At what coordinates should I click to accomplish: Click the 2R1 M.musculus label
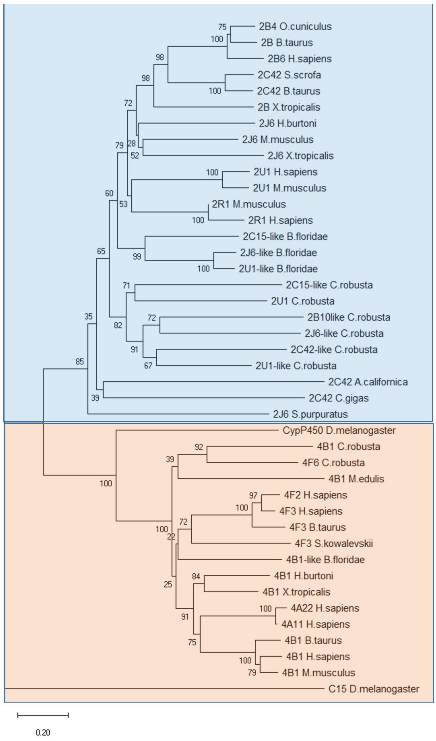click(x=249, y=204)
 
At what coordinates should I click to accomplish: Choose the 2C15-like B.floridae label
click(x=285, y=236)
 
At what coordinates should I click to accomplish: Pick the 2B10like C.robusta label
click(x=349, y=317)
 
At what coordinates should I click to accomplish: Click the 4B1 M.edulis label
click(x=356, y=479)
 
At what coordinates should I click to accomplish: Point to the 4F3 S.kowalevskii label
click(x=334, y=543)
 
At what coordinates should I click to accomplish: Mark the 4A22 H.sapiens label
click(x=325, y=608)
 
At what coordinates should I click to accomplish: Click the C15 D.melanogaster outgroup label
click(x=373, y=689)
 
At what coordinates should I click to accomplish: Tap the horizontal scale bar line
click(x=43, y=715)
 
